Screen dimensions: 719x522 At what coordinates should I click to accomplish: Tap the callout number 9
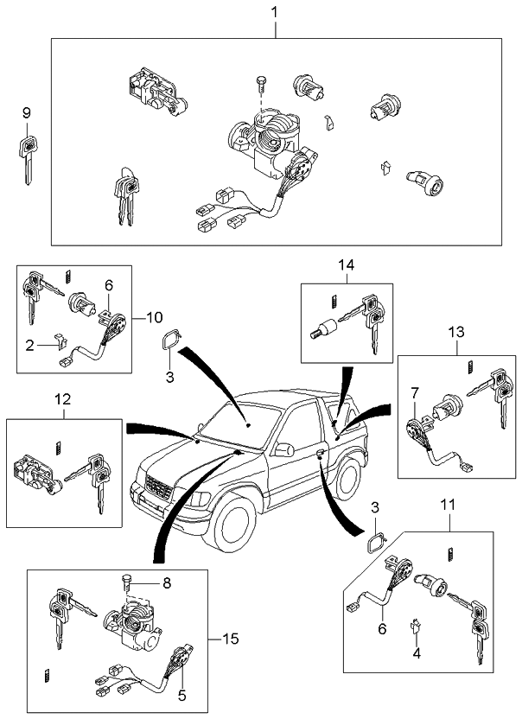click(x=26, y=113)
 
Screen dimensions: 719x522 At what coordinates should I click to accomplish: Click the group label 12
click(x=62, y=400)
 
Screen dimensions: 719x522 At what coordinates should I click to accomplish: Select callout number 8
click(x=167, y=583)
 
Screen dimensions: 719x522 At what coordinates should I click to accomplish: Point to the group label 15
click(x=229, y=639)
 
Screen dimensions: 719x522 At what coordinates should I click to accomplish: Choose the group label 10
click(x=153, y=317)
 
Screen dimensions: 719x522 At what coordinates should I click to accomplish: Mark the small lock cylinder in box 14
click(x=324, y=329)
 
